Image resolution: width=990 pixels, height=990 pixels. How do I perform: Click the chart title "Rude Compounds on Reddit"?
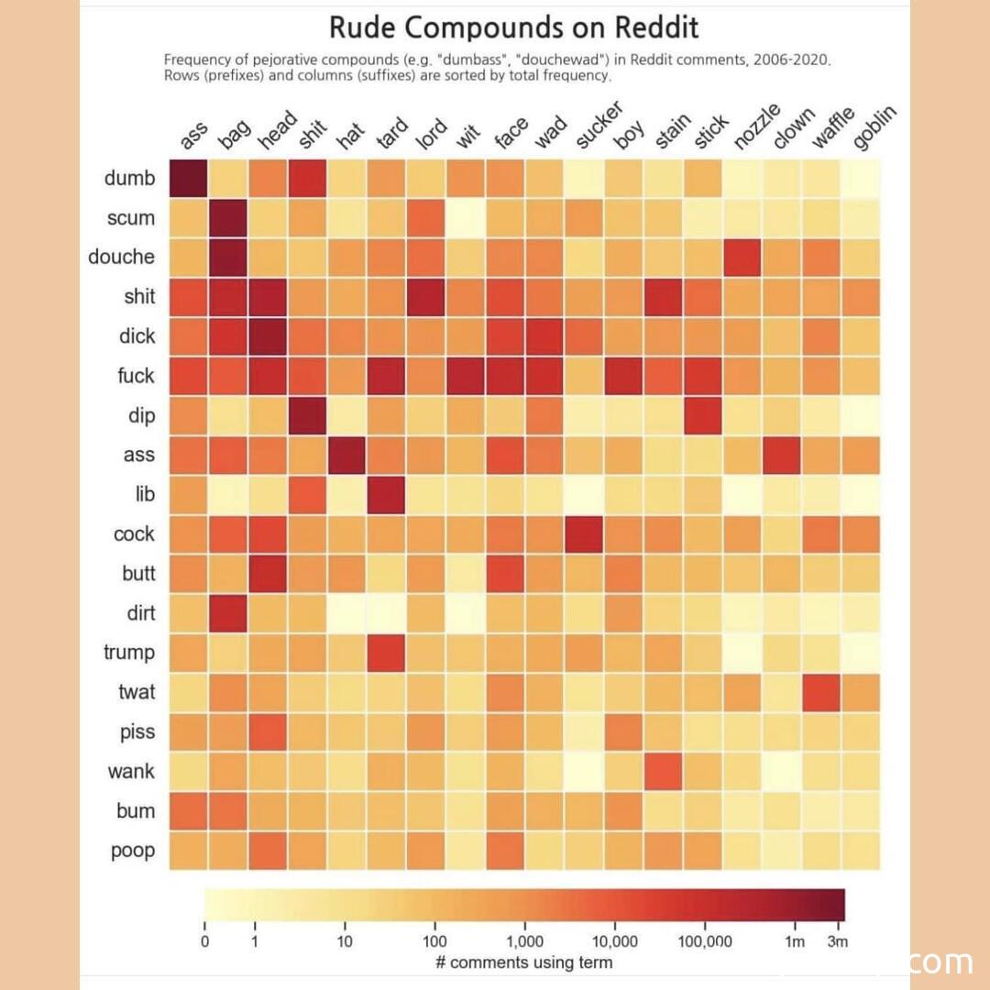pyautogui.click(x=513, y=27)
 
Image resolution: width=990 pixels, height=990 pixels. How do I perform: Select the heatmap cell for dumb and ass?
pyautogui.click(x=188, y=178)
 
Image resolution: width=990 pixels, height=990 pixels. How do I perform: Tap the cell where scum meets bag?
pyautogui.click(x=228, y=218)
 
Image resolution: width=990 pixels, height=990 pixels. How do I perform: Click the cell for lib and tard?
pyautogui.click(x=387, y=495)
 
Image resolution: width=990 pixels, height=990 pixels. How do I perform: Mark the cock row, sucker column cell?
pyautogui.click(x=584, y=534)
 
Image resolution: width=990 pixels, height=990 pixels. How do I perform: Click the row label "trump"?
pyautogui.click(x=129, y=653)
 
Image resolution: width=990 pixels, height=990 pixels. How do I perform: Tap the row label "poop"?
pyautogui.click(x=133, y=851)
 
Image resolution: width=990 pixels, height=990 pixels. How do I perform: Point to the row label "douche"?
pyautogui.click(x=122, y=258)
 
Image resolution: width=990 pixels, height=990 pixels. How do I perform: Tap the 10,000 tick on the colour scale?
pyautogui.click(x=614, y=941)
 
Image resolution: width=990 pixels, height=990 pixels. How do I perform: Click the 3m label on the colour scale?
pyautogui.click(x=837, y=941)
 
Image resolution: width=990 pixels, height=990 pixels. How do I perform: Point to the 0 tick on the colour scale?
pyautogui.click(x=204, y=941)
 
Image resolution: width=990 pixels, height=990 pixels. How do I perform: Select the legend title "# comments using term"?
pyautogui.click(x=523, y=962)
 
